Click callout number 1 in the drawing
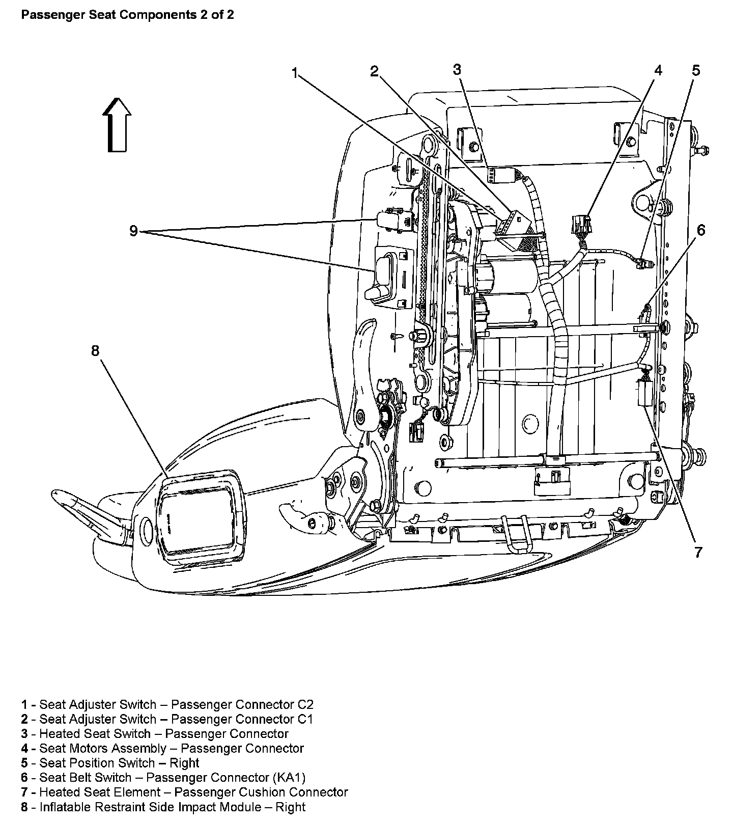point(294,73)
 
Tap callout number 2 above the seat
point(375,71)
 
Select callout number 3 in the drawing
point(457,69)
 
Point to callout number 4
point(658,70)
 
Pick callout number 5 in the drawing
point(695,70)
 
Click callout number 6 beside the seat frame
point(701,230)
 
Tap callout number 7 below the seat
point(698,552)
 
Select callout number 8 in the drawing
point(95,351)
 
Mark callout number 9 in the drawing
point(133,231)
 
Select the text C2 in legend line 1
point(305,704)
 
